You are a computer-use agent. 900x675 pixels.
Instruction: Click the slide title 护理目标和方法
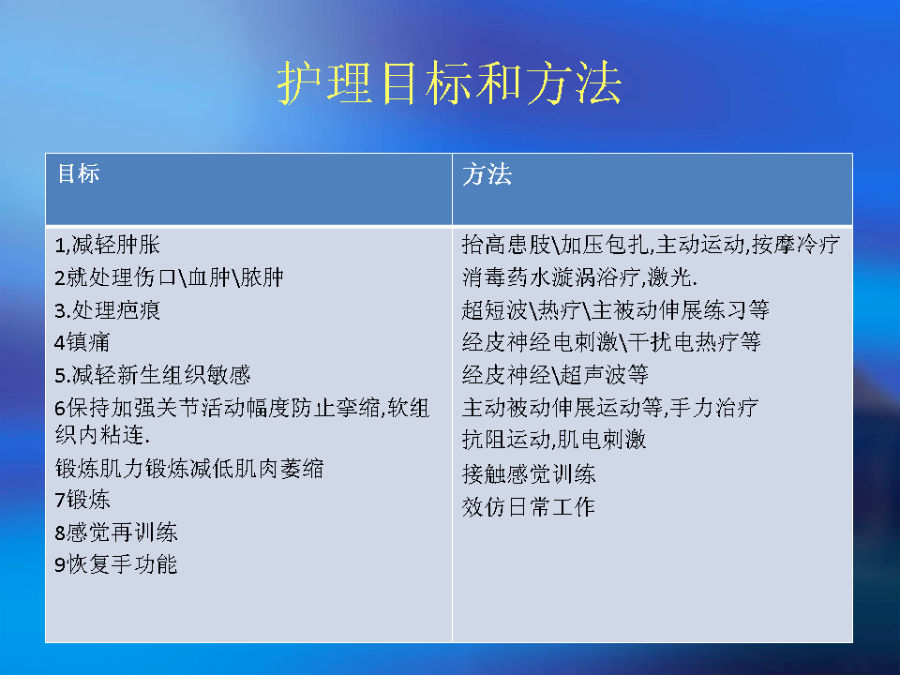point(449,83)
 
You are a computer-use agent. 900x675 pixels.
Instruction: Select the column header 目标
point(79,173)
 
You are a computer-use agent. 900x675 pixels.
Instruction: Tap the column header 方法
point(487,174)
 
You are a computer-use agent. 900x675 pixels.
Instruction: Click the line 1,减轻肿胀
point(107,245)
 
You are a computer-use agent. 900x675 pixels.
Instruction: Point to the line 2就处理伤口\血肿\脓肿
point(170,277)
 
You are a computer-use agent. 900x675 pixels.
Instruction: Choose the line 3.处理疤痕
point(107,310)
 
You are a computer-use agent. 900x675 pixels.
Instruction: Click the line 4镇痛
point(82,343)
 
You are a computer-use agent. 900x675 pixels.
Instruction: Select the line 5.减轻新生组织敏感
point(153,375)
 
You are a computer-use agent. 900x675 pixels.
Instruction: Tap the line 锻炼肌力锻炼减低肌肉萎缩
point(189,469)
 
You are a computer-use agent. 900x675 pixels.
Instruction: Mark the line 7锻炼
point(82,500)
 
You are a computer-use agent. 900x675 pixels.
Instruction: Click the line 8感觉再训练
point(116,532)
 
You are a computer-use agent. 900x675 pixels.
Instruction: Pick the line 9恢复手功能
point(116,564)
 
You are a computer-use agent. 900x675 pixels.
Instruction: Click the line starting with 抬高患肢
point(651,245)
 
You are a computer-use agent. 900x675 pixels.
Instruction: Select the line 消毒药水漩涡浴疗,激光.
point(579,277)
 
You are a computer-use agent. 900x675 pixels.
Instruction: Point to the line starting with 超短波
point(615,310)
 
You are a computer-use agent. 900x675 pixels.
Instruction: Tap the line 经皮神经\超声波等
point(555,375)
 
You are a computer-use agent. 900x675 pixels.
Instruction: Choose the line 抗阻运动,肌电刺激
point(554,441)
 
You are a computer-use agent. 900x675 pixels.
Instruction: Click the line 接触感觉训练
point(529,474)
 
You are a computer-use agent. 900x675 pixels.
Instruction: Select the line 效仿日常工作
point(528,507)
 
